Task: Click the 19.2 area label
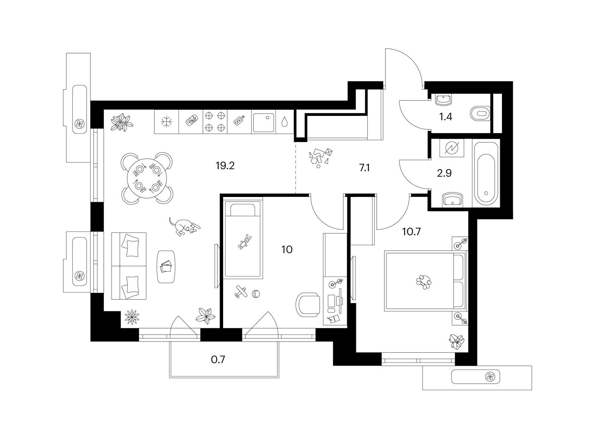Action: (225, 166)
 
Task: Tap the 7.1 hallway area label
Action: (364, 168)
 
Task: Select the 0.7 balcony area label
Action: (218, 360)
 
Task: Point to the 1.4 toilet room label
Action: (446, 117)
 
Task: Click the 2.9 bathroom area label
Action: (444, 173)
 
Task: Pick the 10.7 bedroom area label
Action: (411, 232)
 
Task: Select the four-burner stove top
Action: (215, 122)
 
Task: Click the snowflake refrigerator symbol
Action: (167, 122)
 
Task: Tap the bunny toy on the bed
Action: (245, 241)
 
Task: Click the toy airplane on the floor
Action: (241, 292)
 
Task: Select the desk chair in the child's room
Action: (308, 305)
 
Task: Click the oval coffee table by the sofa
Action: (166, 267)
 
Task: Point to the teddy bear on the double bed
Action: (424, 282)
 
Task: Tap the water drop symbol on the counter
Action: (284, 122)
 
